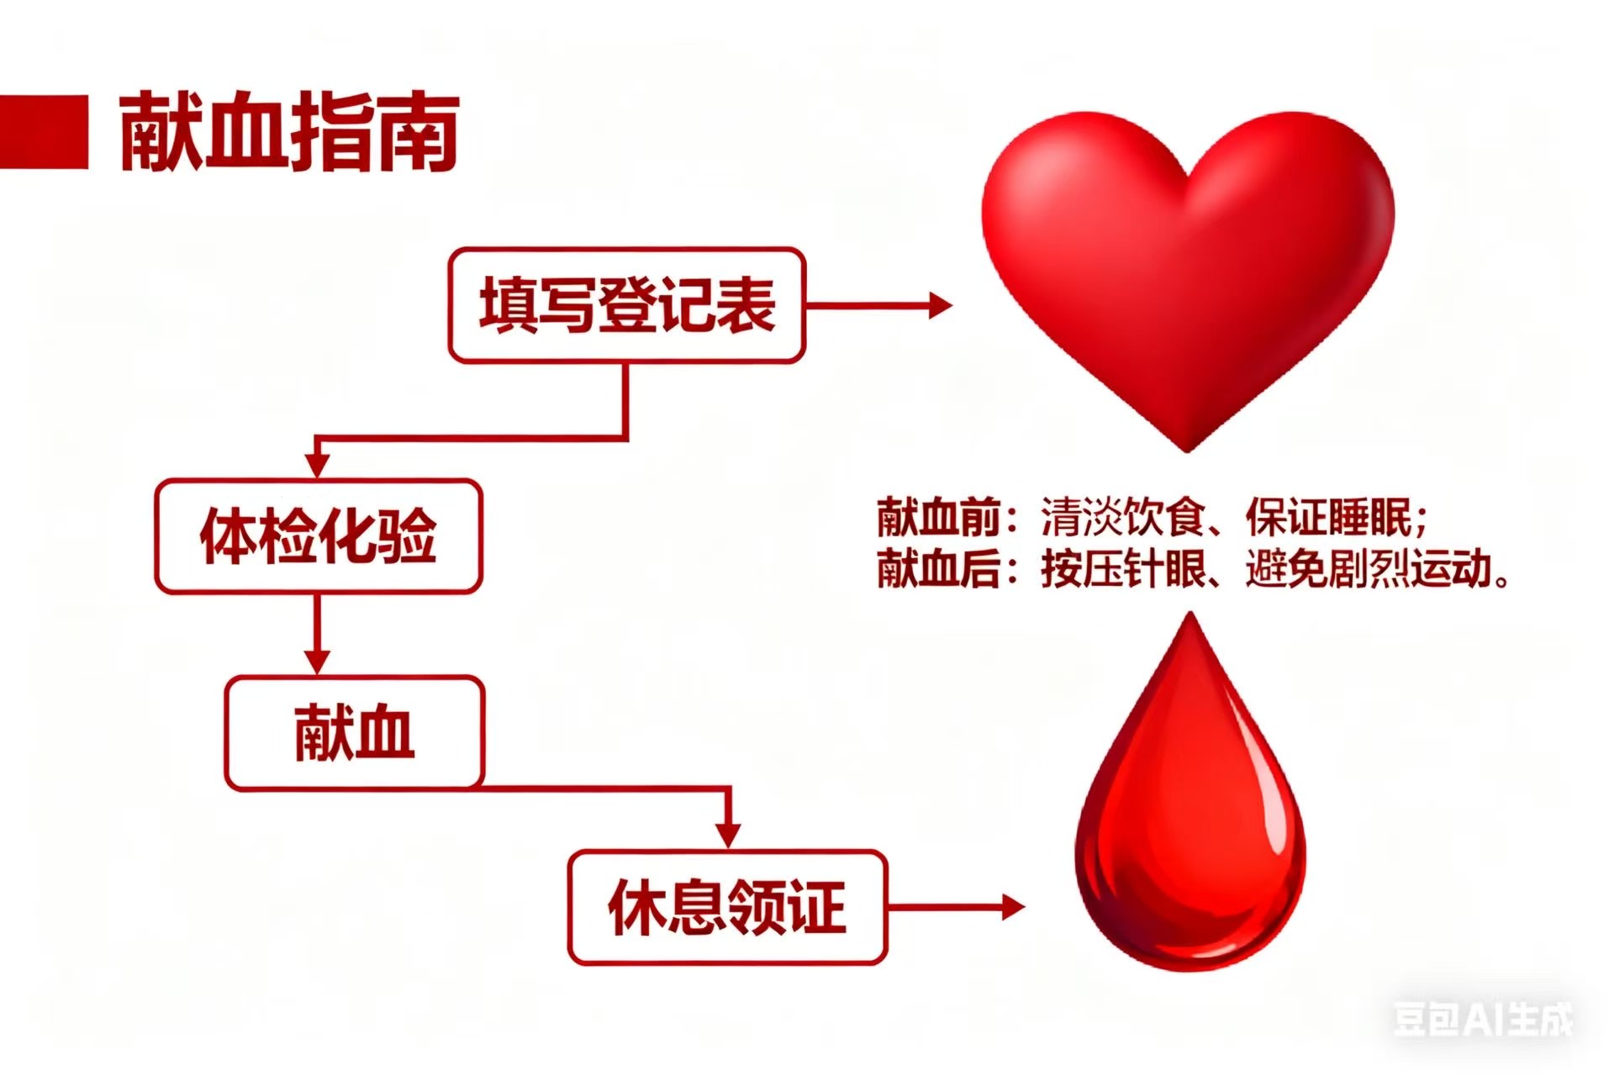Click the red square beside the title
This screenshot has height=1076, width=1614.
[44, 132]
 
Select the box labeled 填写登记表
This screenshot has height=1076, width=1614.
[627, 305]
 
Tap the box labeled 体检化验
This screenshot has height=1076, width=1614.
[319, 536]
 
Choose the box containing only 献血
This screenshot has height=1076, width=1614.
[354, 733]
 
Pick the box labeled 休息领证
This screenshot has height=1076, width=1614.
[727, 908]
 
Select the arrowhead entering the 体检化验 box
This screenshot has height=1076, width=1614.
[317, 464]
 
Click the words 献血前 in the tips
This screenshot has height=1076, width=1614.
[937, 517]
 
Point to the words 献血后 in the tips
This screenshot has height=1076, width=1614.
[937, 569]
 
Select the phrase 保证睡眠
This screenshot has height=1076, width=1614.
[1328, 517]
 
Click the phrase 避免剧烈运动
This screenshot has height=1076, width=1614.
[1369, 569]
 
